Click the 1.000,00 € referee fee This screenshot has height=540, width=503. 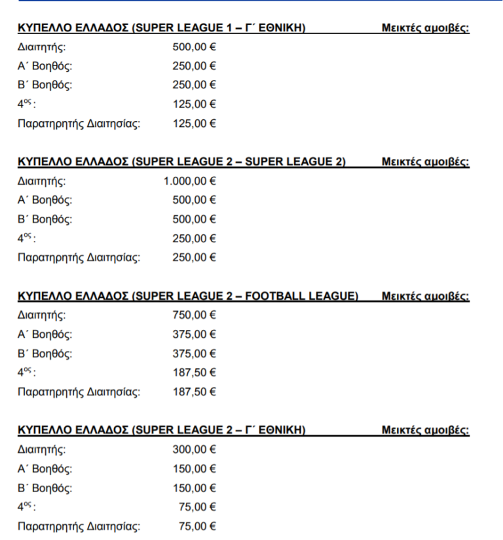coord(190,181)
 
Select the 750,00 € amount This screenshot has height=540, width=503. coord(194,315)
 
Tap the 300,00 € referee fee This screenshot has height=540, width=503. coord(194,450)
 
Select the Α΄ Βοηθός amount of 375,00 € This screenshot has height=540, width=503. coord(194,334)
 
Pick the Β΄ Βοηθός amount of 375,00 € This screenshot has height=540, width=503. coord(194,354)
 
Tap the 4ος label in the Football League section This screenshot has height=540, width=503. coord(27,373)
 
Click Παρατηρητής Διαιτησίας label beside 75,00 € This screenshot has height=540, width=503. coord(79,526)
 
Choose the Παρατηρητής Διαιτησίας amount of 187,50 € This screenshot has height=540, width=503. coord(194,393)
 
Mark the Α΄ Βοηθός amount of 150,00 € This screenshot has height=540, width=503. coord(194,469)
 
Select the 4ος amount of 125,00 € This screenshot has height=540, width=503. coord(194,104)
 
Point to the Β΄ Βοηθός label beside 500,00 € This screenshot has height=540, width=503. coord(45,219)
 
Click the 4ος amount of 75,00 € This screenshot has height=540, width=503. coord(197,507)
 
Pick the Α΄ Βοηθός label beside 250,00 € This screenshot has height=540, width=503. coord(45,66)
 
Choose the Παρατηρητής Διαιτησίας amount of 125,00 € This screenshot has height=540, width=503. coord(194,124)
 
